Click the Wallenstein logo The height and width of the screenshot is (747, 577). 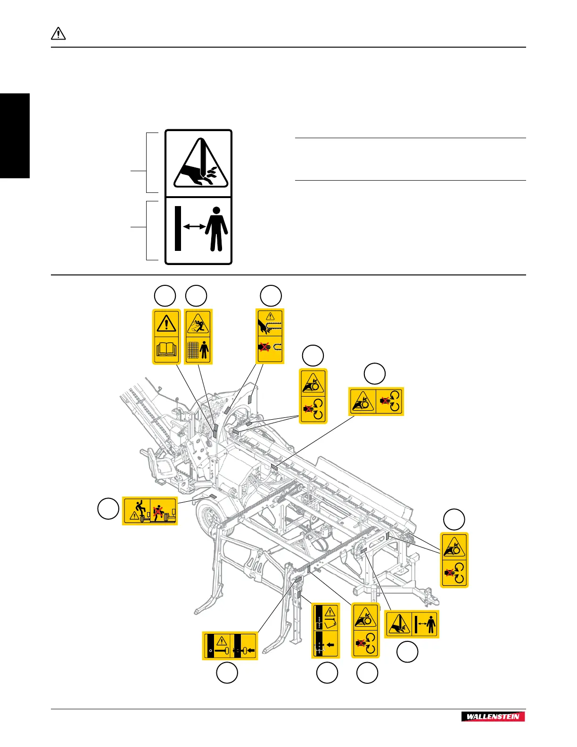click(x=493, y=716)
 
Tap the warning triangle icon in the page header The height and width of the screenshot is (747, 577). click(x=58, y=34)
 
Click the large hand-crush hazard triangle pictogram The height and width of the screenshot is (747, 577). click(x=200, y=164)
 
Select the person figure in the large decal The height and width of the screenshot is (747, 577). click(x=216, y=229)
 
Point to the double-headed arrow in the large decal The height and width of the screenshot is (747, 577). click(x=194, y=227)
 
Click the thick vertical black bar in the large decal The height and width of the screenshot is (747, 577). click(x=178, y=228)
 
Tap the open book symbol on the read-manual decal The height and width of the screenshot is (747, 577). click(x=166, y=349)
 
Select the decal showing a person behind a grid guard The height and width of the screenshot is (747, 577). click(x=198, y=337)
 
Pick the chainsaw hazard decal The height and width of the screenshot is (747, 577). click(x=270, y=336)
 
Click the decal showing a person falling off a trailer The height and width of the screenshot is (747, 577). click(x=150, y=511)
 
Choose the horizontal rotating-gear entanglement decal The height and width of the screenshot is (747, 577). click(x=376, y=401)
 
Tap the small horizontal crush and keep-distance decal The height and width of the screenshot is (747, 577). click(x=412, y=624)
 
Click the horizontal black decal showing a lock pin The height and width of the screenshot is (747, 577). click(x=230, y=646)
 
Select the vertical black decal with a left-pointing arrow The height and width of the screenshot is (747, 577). click(x=325, y=631)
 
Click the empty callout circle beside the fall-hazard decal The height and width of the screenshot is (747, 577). click(x=108, y=508)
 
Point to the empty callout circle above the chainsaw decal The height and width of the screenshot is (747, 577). click(x=271, y=296)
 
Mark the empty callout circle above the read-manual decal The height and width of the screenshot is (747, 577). click(x=165, y=296)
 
